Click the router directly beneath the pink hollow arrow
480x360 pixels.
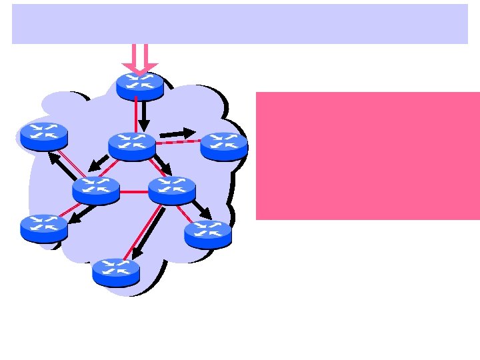pyautogui.click(x=140, y=86)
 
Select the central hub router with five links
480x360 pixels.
pyautogui.click(x=132, y=146)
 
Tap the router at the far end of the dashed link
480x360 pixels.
pyautogui.click(x=224, y=146)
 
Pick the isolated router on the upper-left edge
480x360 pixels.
pyautogui.click(x=44, y=136)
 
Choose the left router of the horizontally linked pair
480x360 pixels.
pyautogui.click(x=96, y=190)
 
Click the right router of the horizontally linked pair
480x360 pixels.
pyautogui.click(x=172, y=190)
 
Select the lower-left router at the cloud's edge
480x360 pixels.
pyautogui.click(x=44, y=227)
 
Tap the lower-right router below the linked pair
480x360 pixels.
pyautogui.click(x=208, y=234)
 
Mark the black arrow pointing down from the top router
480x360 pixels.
pyautogui.click(x=144, y=116)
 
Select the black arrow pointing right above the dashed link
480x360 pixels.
pyautogui.click(x=177, y=133)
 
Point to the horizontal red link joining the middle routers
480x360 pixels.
pyautogui.click(x=134, y=192)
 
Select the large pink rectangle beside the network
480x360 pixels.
pyautogui.click(x=367, y=155)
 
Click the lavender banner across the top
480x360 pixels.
pyautogui.click(x=240, y=24)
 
